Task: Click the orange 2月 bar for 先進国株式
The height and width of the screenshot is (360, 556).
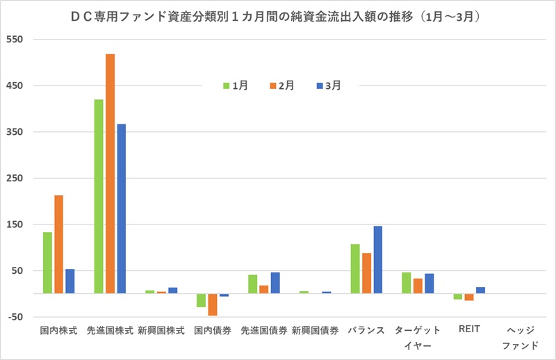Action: pos(110,174)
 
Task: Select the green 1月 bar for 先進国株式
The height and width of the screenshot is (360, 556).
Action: pos(99,197)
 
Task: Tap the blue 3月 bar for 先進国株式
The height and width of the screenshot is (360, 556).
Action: pos(122,208)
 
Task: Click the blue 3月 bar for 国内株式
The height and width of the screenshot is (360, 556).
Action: pos(70,281)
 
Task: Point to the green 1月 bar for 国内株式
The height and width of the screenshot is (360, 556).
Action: pos(47,263)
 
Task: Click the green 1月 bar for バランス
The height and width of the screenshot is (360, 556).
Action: pos(355,269)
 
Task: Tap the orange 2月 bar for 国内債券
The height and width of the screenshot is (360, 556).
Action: pos(213,304)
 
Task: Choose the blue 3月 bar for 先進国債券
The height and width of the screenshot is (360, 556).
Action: pos(275,283)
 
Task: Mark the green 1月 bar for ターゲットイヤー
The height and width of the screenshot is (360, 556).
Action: pos(407,283)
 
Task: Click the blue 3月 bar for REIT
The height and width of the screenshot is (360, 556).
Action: pos(480,291)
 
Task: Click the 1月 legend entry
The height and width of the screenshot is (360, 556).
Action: pos(235,85)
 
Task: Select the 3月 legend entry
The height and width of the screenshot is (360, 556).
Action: pos(329,85)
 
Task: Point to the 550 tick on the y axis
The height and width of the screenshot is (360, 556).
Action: pos(15,40)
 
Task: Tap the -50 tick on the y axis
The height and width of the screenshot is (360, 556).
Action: pos(15,317)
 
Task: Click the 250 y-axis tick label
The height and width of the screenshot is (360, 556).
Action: pos(15,179)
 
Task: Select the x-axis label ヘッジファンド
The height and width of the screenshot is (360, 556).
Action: pos(520,337)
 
